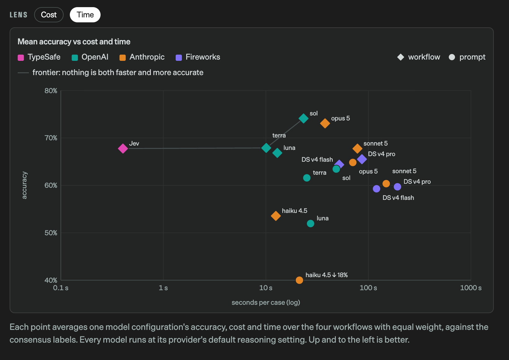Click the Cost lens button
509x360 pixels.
tap(49, 15)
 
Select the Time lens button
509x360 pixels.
tap(85, 15)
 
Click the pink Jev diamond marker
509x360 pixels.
tap(123, 149)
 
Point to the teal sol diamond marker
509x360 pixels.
tap(303, 119)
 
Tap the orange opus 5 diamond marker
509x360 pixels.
tap(325, 124)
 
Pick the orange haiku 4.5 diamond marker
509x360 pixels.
tap(276, 216)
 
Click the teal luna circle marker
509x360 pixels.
tap(310, 224)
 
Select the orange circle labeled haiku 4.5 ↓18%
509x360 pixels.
tap(299, 280)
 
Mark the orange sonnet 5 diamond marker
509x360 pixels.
tap(357, 149)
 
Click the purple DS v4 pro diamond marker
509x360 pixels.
tap(362, 159)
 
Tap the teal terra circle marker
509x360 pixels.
tap(307, 178)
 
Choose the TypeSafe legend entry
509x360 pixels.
tap(39, 57)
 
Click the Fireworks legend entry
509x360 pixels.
tap(198, 57)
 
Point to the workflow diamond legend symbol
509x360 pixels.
tap(401, 57)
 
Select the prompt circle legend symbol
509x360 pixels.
tap(452, 57)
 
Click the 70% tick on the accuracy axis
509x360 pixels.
tap(51, 138)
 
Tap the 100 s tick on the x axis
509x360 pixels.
tap(368, 288)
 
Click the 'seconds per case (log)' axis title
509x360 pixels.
tap(266, 303)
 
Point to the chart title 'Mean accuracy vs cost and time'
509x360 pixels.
tap(74, 42)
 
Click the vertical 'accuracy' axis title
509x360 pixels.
tap(24, 185)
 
